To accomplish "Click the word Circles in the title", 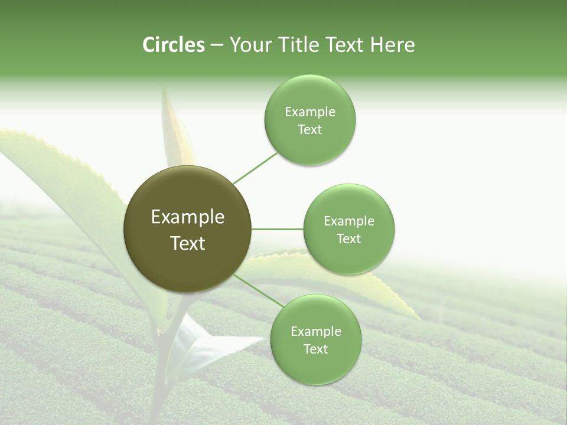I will tap(173, 44).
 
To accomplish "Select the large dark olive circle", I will tap(187, 230).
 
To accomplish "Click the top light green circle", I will tap(310, 120).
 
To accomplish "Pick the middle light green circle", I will tap(349, 229).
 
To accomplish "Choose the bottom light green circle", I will tap(315, 340).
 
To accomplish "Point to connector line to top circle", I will tap(255, 168).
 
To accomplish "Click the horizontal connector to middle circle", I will tap(277, 229).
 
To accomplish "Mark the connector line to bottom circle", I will tap(258, 290).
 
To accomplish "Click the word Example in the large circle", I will tap(187, 217).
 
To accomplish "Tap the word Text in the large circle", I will tap(187, 243).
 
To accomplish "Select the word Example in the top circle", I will tap(310, 112).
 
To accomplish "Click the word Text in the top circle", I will tap(309, 130).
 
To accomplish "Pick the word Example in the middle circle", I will tap(349, 221).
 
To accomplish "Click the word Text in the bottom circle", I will tap(315, 349).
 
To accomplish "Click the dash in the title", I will tap(217, 45).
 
